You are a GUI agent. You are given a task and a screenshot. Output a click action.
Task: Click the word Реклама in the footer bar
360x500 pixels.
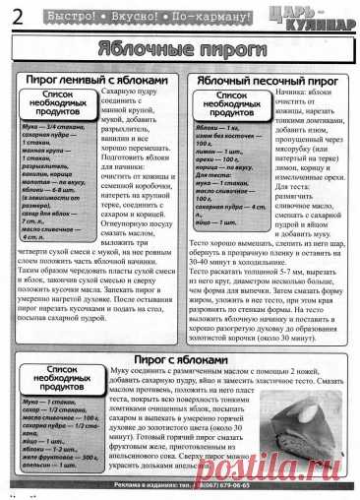pos(132,485)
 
